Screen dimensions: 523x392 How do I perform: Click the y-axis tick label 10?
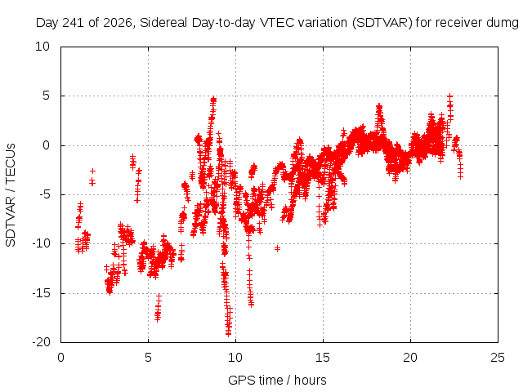[42, 47]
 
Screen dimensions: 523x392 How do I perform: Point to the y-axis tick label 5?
[46, 96]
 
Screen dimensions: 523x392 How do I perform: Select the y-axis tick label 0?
[46, 145]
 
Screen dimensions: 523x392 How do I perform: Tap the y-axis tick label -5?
[44, 194]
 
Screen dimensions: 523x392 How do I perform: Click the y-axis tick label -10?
[41, 243]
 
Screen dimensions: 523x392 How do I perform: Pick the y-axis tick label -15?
[41, 293]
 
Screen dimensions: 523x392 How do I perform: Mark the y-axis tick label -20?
[41, 342]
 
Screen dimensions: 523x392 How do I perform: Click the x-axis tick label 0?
[60, 358]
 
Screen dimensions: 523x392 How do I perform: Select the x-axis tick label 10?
[235, 358]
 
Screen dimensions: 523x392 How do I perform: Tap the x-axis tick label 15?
[323, 358]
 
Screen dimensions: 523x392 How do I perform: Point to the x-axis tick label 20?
[410, 358]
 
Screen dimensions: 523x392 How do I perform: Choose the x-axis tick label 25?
[498, 358]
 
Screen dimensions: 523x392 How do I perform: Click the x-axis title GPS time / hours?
[277, 381]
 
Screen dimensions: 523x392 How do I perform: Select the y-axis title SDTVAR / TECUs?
[11, 195]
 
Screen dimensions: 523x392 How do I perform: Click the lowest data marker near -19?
[229, 333]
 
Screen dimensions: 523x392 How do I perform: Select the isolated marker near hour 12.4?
[277, 248]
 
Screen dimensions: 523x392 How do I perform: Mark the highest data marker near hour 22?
[450, 96]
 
